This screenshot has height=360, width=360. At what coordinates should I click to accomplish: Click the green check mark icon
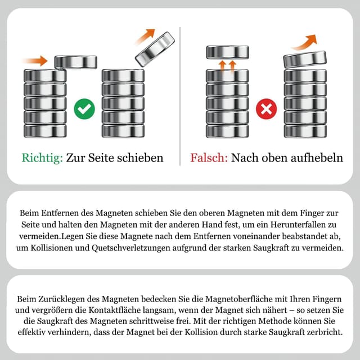click(x=84, y=107)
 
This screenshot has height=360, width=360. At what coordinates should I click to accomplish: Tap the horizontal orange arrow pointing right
click(x=35, y=60)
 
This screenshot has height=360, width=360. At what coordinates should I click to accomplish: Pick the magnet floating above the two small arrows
click(x=227, y=52)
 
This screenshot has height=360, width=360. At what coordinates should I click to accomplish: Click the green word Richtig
click(x=42, y=157)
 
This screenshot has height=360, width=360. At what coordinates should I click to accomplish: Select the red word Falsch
click(x=209, y=157)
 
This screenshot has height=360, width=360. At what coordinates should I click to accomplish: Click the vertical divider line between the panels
click(x=180, y=96)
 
